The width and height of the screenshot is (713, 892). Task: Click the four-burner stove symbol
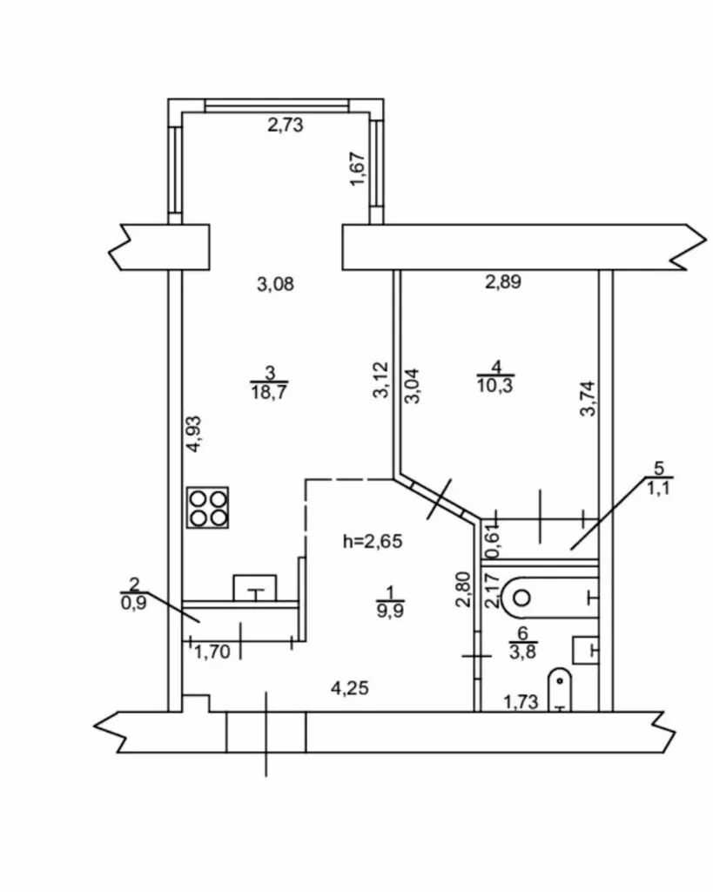(x=207, y=508)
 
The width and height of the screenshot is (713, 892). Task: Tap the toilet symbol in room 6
(x=560, y=690)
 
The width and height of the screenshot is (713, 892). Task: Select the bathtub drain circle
(x=522, y=598)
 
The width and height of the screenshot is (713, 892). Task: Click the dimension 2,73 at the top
(x=286, y=125)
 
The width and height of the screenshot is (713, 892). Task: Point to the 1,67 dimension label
(x=358, y=168)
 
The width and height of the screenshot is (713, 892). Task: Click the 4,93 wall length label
(x=194, y=434)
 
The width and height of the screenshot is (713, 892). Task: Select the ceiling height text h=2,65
(x=373, y=541)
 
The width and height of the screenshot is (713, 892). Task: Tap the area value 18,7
(x=270, y=392)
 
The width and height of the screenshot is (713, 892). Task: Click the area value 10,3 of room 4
(x=494, y=386)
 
